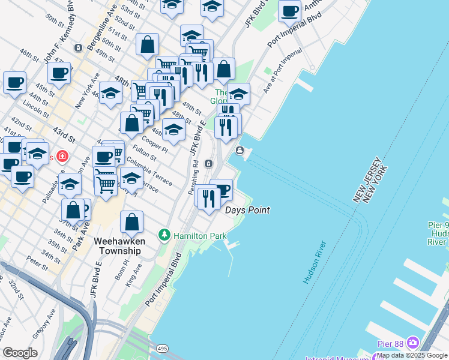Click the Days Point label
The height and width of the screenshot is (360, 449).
click(247, 211)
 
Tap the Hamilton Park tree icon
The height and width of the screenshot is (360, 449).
click(164, 235)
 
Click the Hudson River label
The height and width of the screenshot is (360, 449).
click(315, 262)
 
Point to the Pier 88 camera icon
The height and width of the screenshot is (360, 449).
click(412, 343)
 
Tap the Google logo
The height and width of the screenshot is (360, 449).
click(20, 353)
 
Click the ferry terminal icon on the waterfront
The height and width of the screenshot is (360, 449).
click(240, 151)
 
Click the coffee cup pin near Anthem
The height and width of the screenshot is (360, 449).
click(289, 11)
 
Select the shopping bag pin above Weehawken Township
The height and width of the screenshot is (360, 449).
click(131, 222)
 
